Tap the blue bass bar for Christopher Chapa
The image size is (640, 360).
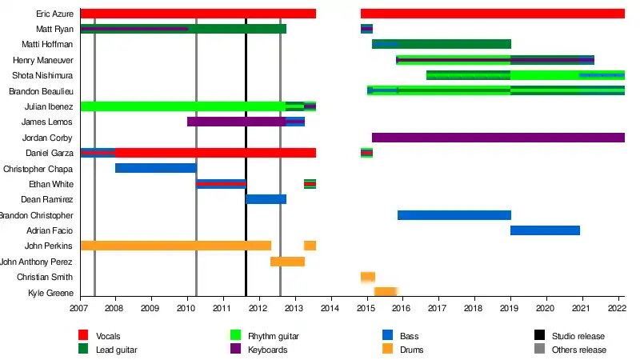(155, 169)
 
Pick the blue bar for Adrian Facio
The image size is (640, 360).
(545, 231)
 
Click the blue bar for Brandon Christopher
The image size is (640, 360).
(454, 215)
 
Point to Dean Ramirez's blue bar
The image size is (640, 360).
(266, 199)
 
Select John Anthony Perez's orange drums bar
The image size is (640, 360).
(287, 262)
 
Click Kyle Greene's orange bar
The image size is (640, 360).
(386, 293)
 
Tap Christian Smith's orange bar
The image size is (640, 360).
(368, 277)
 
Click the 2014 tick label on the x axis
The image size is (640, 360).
(330, 308)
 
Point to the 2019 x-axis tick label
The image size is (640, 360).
(510, 308)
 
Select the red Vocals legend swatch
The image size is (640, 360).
(83, 336)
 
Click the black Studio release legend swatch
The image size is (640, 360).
(540, 336)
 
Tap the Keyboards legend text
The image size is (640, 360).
(267, 350)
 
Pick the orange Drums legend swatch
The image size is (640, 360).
(388, 350)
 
